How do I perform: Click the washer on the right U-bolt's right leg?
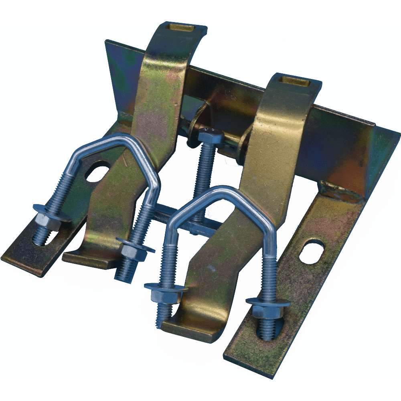268,302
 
